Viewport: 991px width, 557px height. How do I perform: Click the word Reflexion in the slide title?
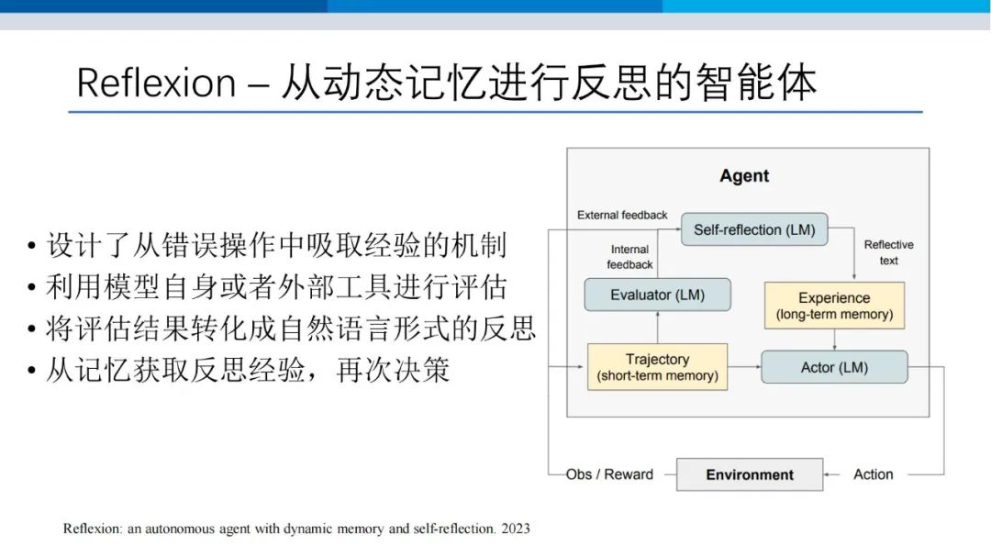point(156,83)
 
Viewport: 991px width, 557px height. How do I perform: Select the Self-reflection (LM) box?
point(754,229)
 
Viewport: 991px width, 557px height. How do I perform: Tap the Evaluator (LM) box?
point(657,295)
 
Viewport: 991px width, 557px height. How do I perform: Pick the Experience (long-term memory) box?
point(834,306)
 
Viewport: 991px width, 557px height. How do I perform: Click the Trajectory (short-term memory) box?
point(657,367)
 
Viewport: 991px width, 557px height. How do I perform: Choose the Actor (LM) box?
point(834,367)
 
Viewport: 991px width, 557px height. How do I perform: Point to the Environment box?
point(750,474)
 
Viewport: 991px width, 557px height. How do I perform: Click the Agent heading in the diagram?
point(744,176)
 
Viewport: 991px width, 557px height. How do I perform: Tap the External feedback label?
point(622,215)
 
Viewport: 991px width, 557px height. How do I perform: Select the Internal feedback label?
point(629,257)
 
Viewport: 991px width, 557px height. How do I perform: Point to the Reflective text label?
point(888,252)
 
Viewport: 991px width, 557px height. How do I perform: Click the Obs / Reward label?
point(609,474)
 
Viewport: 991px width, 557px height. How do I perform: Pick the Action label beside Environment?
point(874,474)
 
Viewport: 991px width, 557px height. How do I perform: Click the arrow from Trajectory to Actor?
point(744,367)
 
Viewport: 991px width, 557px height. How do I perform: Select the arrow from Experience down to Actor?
point(835,340)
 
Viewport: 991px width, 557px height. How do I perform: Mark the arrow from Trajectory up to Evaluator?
point(658,328)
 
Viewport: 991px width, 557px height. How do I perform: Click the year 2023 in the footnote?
point(516,529)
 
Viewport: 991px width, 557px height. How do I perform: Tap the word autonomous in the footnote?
point(180,529)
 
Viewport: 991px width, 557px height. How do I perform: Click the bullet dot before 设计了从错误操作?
point(31,246)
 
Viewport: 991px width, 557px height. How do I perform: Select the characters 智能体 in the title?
point(756,83)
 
